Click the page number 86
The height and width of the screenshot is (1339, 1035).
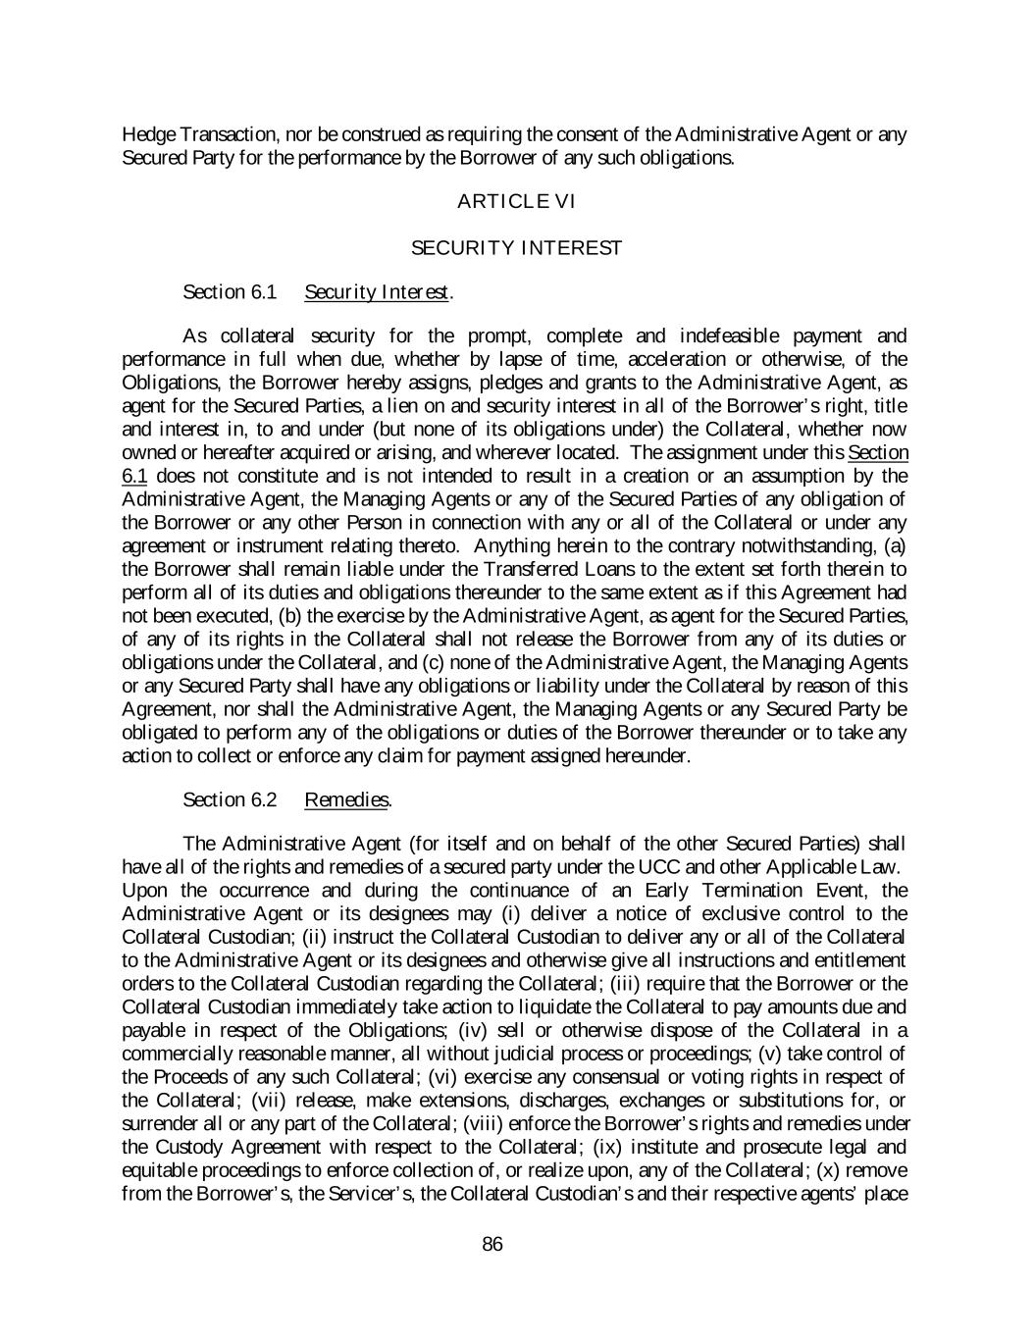(x=492, y=1245)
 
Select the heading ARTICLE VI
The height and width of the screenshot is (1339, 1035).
(x=516, y=202)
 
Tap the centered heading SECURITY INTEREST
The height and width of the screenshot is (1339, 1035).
(x=516, y=248)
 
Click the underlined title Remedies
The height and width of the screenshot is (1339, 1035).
(x=347, y=799)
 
